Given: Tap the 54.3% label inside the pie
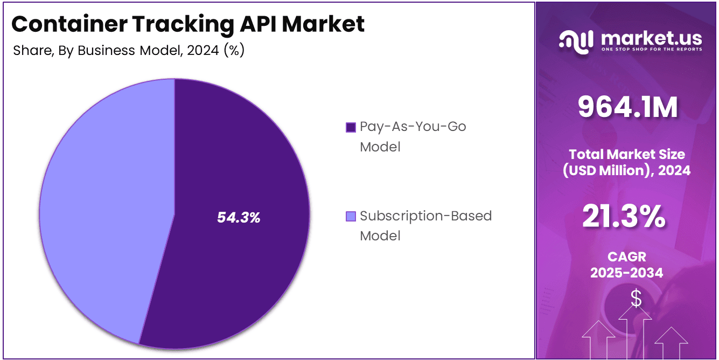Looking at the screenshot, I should click(239, 218).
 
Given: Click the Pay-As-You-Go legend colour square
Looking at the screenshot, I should click(351, 127).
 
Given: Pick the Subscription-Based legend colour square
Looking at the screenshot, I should click(351, 217).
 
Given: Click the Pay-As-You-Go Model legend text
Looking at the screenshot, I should click(413, 136).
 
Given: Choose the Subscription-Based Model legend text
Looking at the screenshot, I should click(425, 225).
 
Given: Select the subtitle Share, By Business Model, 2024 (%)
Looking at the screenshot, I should click(129, 51).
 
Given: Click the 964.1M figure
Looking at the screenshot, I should click(627, 107).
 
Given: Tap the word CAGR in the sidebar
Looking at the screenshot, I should click(626, 257).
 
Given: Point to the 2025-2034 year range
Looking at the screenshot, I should click(626, 273).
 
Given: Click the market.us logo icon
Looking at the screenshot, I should click(576, 41).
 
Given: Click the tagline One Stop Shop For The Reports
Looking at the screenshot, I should click(651, 50).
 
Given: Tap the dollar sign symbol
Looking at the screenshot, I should click(636, 297).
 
